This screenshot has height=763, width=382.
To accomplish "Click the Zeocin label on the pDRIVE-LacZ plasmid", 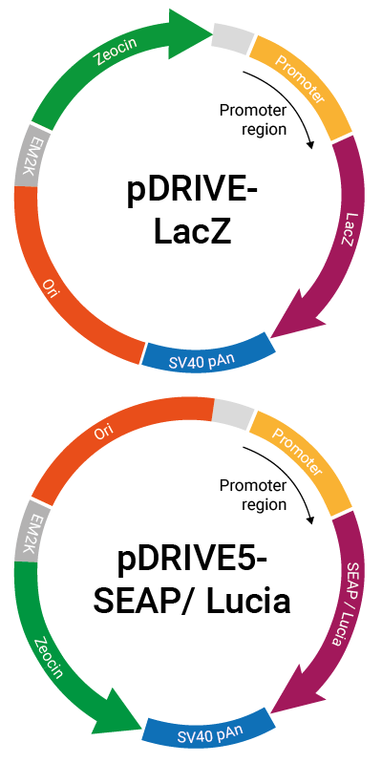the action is pyautogui.click(x=117, y=52).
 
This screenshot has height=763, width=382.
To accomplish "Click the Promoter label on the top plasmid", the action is pyautogui.click(x=300, y=79).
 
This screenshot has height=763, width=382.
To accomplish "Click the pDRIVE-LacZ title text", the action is pyautogui.click(x=192, y=212).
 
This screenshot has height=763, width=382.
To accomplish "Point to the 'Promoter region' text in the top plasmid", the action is pyautogui.click(x=252, y=119).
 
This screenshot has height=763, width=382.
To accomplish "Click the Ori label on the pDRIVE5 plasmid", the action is pyautogui.click(x=100, y=432).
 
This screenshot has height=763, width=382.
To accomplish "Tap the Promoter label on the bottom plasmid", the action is pyautogui.click(x=297, y=453).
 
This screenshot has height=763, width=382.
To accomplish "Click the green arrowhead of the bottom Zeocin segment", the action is pyautogui.click(x=118, y=710).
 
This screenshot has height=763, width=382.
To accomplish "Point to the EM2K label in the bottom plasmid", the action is pyautogui.click(x=26, y=530).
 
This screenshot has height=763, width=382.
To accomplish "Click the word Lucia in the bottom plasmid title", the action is pyautogui.click(x=248, y=602).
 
